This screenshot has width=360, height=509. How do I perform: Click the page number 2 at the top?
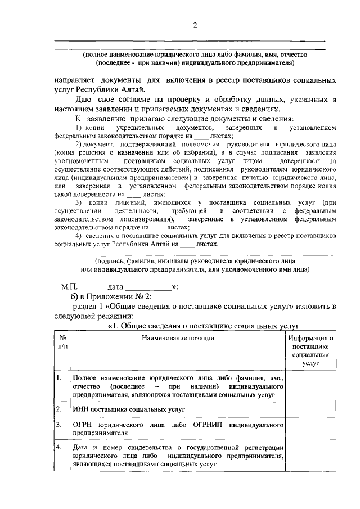click(x=195, y=25)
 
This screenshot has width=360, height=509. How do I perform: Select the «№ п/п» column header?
click(x=62, y=342)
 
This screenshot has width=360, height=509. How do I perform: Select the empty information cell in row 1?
click(x=311, y=388)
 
